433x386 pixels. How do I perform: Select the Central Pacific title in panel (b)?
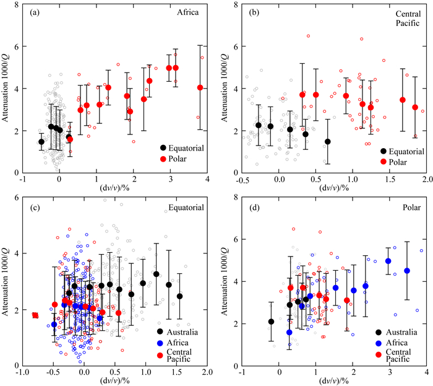point(406,17)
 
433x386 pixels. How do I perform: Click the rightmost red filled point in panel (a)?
point(200,87)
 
